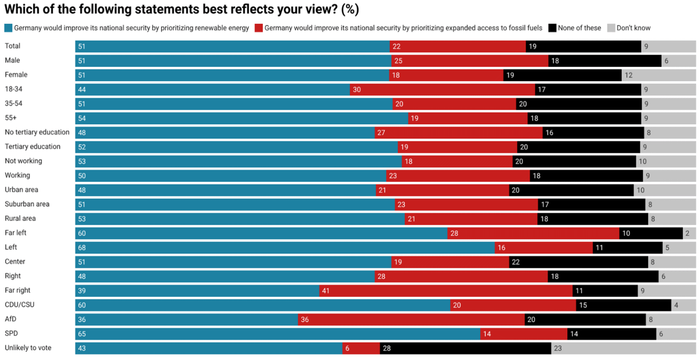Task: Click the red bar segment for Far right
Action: pyautogui.click(x=445, y=291)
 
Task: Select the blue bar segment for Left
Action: pyautogui.click(x=285, y=247)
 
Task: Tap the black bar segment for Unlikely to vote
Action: pyautogui.click(x=465, y=348)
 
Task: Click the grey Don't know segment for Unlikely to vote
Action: pyautogui.click(x=623, y=348)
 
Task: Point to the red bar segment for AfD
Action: pyautogui.click(x=411, y=319)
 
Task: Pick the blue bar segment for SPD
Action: pyautogui.click(x=278, y=333)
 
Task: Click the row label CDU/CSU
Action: pyautogui.click(x=20, y=305)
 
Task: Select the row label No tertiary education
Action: pyautogui.click(x=37, y=132)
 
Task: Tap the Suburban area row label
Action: pyautogui.click(x=27, y=204)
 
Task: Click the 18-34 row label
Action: pyautogui.click(x=13, y=89)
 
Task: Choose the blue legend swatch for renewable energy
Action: pyautogui.click(x=8, y=28)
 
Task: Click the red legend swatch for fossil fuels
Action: pyautogui.click(x=259, y=28)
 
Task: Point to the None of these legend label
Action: pyautogui.click(x=579, y=28)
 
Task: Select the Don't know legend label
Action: pyautogui.click(x=633, y=28)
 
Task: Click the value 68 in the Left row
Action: pyautogui.click(x=82, y=247)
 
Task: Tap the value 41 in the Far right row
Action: pyautogui.click(x=325, y=291)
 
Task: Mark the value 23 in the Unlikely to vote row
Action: pyautogui.click(x=557, y=348)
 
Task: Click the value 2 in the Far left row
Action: pyautogui.click(x=687, y=233)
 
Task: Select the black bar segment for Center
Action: pyautogui.click(x=578, y=262)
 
